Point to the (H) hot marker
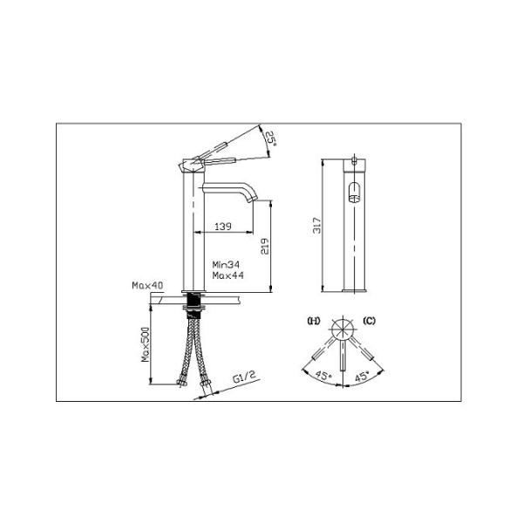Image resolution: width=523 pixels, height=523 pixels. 313,322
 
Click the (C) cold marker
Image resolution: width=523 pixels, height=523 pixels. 369,322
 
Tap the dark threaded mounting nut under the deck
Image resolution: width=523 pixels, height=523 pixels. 193,306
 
